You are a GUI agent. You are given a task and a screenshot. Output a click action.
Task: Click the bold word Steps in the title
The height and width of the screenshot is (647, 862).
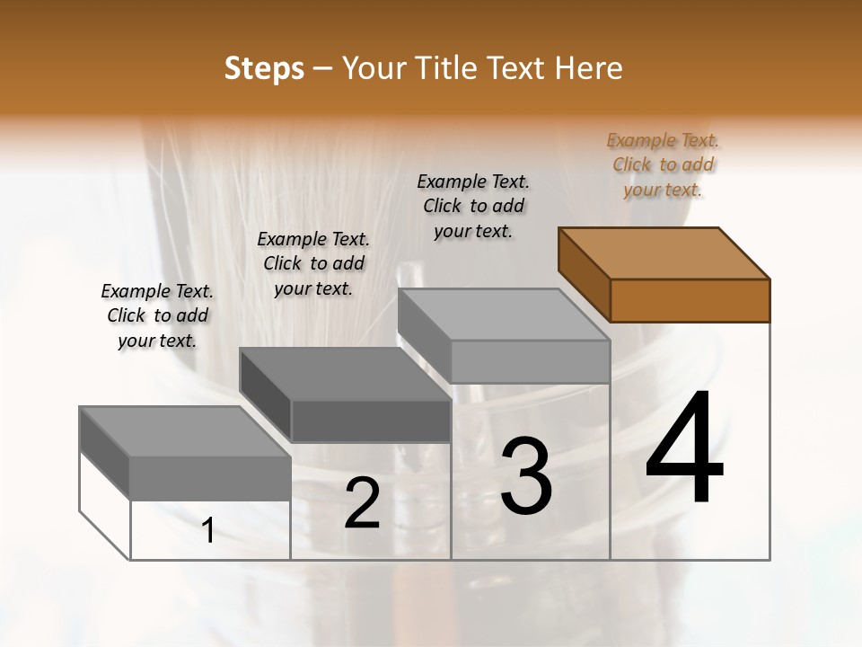264,68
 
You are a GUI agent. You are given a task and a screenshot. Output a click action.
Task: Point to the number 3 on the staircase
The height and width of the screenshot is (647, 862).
526,476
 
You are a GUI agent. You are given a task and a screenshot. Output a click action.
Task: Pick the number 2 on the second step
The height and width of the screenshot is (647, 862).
362,504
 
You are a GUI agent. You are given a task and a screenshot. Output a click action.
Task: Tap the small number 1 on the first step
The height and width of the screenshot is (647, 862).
208,531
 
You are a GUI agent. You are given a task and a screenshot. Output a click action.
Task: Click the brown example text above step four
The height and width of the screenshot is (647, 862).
663,164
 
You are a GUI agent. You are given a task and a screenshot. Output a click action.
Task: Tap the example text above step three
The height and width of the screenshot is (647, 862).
473,206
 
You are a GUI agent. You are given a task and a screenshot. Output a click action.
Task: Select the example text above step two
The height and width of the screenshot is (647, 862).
313,263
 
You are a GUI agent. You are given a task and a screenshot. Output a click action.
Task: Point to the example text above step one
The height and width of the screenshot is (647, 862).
157,315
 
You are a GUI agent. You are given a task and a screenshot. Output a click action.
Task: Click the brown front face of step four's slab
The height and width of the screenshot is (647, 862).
690,300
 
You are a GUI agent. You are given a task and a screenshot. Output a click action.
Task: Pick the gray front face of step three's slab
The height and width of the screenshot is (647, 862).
530,361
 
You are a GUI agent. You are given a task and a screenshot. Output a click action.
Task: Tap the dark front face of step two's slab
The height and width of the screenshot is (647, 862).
371,421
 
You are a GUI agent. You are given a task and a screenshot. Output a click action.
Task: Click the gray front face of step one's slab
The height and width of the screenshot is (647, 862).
210,478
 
